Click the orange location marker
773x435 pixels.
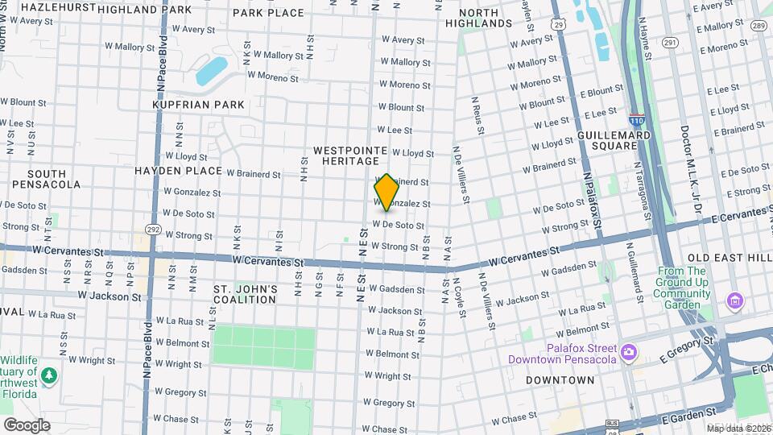(x=386, y=193)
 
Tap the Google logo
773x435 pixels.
(x=27, y=425)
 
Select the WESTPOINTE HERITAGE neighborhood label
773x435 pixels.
(x=350, y=155)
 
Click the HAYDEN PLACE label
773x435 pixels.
(x=178, y=171)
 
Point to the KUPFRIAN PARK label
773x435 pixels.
(x=198, y=105)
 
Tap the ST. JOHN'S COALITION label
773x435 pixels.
(x=245, y=294)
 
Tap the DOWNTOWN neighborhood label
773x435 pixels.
(x=560, y=380)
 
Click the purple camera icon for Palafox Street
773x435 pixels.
(x=629, y=352)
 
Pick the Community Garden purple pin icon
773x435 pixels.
(x=734, y=302)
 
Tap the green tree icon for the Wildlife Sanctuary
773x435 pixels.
(x=49, y=375)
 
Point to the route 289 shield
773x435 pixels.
(x=758, y=26)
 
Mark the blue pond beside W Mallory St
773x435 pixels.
(x=212, y=71)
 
